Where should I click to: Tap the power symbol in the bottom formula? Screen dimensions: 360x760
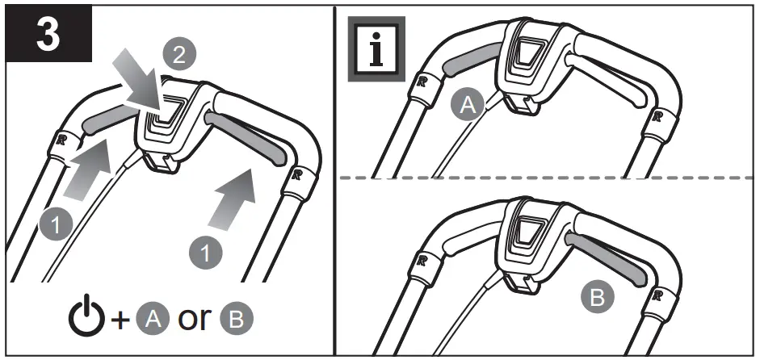point(85,318)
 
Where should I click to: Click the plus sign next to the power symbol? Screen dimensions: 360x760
point(120,320)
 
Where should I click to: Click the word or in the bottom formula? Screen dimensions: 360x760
point(194,320)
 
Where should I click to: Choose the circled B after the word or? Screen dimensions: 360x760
point(236,320)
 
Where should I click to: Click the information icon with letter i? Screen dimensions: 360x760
point(376,49)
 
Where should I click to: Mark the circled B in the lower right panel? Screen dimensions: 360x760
point(595,300)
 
